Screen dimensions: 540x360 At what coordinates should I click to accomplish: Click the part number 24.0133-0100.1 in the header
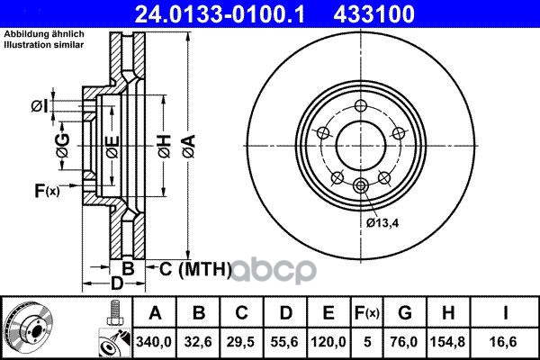pyautogui.click(x=220, y=14)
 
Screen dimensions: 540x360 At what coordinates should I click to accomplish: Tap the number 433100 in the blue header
pyautogui.click(x=373, y=14)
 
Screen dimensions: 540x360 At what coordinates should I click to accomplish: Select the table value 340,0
pyautogui.click(x=154, y=342)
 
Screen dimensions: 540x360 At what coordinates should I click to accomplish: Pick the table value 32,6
pyautogui.click(x=198, y=342)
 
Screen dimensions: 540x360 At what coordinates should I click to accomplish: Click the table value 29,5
pyautogui.click(x=240, y=342)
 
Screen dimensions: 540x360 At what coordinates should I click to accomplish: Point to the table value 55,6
pyautogui.click(x=284, y=342)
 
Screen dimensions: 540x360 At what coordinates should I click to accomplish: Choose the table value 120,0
pyautogui.click(x=328, y=342)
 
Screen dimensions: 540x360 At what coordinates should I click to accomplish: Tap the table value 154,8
pyautogui.click(x=447, y=342)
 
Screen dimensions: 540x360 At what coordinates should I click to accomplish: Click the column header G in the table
pyautogui.click(x=405, y=313)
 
